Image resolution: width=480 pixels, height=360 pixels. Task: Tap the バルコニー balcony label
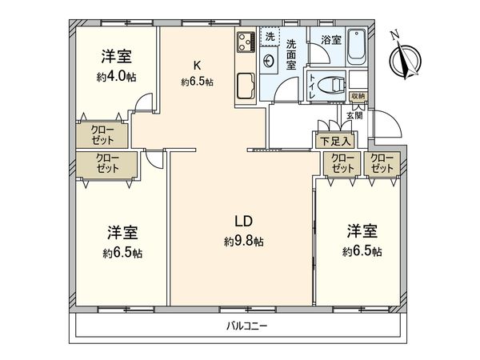click(240, 326)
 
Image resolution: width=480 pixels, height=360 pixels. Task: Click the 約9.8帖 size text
click(243, 241)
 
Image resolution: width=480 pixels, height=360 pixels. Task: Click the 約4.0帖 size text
click(115, 78)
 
